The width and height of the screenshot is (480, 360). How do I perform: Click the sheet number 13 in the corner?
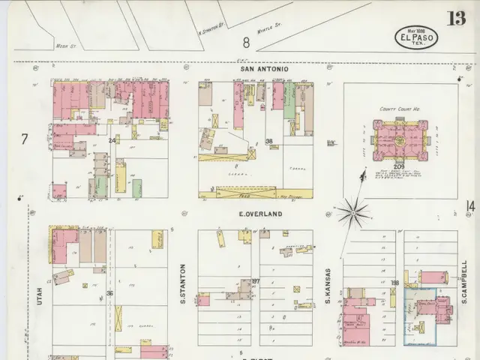(x=455, y=18)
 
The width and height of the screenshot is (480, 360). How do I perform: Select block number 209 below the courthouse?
(x=399, y=166)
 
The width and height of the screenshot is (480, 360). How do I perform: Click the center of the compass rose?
(x=352, y=213)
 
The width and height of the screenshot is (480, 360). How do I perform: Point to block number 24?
(x=112, y=140)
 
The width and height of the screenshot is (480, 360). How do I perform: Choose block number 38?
(x=268, y=141)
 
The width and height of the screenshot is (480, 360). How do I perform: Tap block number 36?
(x=110, y=293)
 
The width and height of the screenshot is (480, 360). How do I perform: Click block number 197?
(x=255, y=281)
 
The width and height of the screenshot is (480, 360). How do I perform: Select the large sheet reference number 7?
(x=24, y=139)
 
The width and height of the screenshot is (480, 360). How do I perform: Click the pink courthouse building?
(x=400, y=139)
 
